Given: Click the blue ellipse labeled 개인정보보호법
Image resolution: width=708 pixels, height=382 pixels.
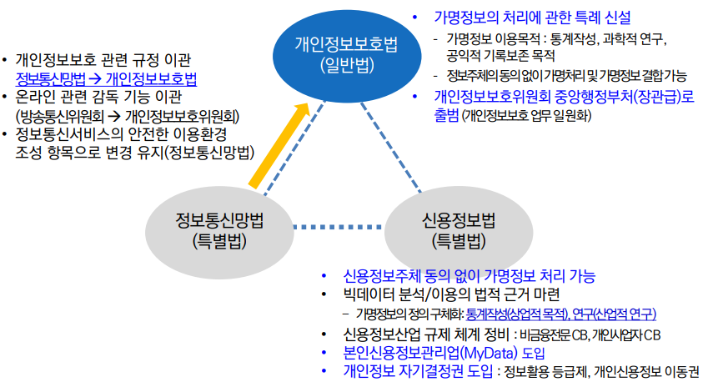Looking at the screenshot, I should pyautogui.click(x=346, y=54).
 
